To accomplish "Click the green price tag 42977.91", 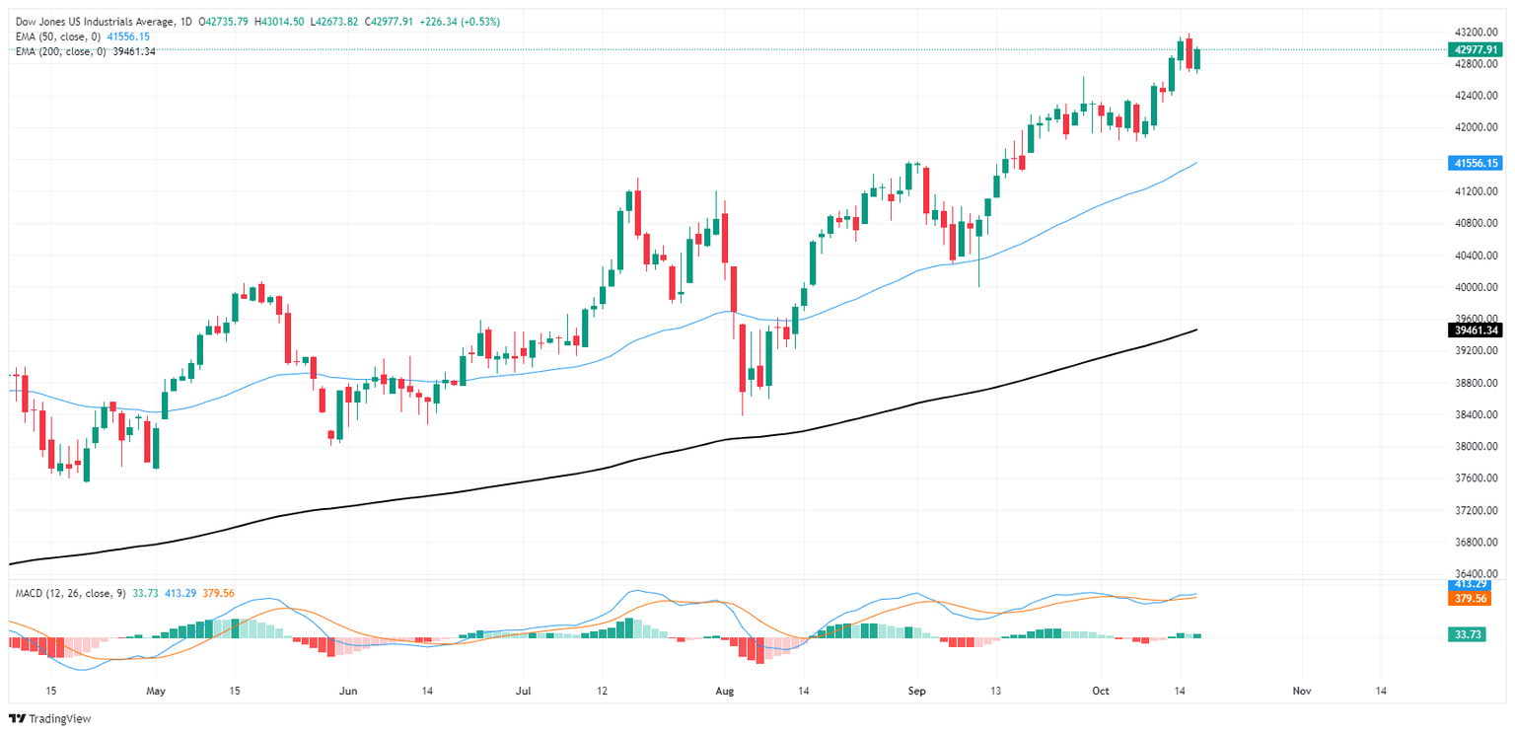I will coord(1477,48).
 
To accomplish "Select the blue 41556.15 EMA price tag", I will coord(1477,163).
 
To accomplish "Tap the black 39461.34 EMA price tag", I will coord(1477,330).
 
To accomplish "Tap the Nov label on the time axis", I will coord(1300,691).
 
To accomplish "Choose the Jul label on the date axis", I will coord(524,691).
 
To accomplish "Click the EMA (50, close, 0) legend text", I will coord(57,37).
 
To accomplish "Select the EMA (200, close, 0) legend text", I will coord(60,51).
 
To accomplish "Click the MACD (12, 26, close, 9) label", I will coord(70,593).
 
